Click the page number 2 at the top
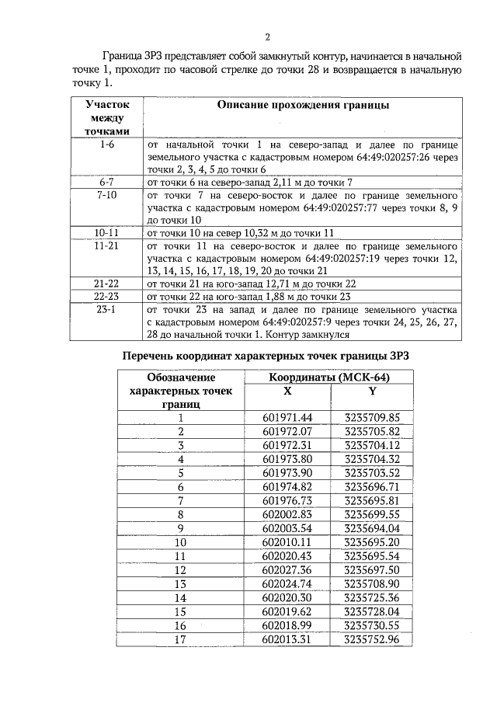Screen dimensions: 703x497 click(267, 37)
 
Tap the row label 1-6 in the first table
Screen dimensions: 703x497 click(106, 145)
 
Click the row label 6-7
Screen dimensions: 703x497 click(106, 182)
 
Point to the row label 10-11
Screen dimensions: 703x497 click(106, 232)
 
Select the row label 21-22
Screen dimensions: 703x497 click(106, 284)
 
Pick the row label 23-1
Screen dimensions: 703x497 click(106, 308)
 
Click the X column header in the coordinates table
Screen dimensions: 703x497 click(287, 392)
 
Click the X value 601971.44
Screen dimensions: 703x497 click(287, 417)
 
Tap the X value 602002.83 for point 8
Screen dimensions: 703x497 click(287, 514)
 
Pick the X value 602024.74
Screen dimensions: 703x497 click(287, 583)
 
